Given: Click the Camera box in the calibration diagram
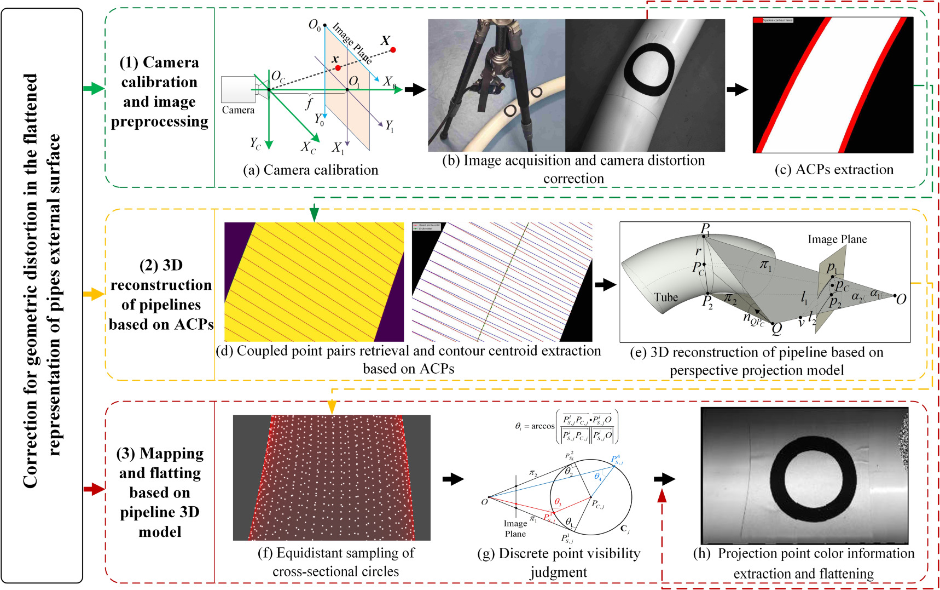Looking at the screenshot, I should [238, 89].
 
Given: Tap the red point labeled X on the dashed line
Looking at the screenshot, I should [393, 50].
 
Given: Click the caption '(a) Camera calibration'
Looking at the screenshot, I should [310, 170].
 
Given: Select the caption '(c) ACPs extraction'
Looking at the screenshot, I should [834, 169].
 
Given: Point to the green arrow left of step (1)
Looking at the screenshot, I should [93, 88].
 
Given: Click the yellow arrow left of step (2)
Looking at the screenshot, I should [93, 294].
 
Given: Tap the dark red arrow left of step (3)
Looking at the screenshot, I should [94, 489].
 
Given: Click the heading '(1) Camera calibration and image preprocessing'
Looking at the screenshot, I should [159, 91].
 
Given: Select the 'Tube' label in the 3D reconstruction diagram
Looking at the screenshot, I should [665, 297].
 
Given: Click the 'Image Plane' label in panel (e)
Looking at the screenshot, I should [837, 239].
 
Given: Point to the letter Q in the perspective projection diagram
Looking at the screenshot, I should [776, 329].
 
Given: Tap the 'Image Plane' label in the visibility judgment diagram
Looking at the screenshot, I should [515, 529].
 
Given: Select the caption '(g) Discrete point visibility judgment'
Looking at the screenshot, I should [558, 563].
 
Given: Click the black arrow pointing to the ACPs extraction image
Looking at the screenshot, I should [737, 90].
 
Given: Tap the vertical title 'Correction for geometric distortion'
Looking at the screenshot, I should [41, 280].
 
